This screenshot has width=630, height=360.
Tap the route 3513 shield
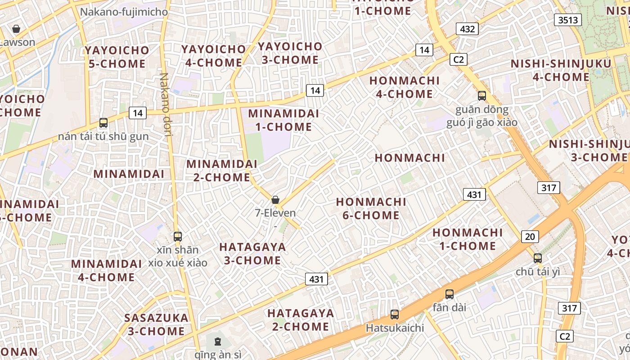tap(568, 20)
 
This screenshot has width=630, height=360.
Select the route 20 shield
tap(530, 236)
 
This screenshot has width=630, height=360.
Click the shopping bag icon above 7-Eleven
tap(275, 200)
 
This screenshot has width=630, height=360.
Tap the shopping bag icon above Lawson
tap(16, 29)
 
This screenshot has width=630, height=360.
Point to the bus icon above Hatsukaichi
tap(395, 315)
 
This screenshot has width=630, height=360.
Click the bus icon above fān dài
tap(449, 294)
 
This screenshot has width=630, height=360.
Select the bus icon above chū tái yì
tap(537, 258)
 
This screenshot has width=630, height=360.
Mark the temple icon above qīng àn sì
tap(218, 342)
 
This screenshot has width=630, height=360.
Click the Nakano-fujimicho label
tap(124, 12)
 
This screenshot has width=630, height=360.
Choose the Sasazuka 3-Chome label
tap(156, 324)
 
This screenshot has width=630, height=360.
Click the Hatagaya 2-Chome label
tap(301, 320)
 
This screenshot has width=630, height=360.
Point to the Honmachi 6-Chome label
tap(371, 209)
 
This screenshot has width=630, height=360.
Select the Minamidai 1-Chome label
tap(283, 120)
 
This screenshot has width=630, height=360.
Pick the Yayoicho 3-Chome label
tap(290, 53)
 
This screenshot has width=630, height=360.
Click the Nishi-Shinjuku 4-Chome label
tap(561, 70)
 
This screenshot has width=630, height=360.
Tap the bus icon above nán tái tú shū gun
tap(103, 122)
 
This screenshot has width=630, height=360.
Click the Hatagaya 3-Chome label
tap(252, 253)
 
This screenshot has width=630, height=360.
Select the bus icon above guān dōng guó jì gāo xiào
tap(482, 95)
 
